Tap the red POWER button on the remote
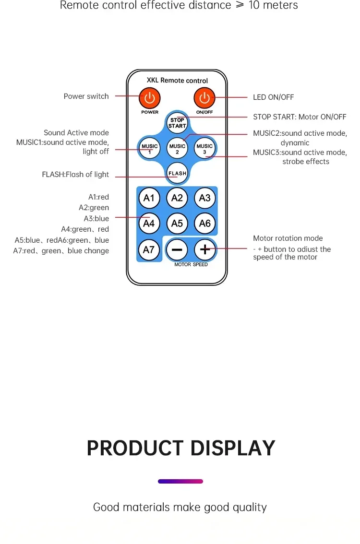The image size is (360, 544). coord(150,98)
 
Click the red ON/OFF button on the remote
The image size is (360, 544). coord(204,98)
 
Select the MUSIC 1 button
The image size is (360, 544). coord(150,148)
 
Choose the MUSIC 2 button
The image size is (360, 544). coord(177,148)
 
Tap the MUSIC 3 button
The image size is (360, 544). coord(204,148)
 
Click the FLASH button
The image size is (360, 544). coord(177,173)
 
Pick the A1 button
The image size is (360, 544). coord(149,198)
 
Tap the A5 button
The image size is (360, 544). coord(177,223)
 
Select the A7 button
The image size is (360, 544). coord(149,249)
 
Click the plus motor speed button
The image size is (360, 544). coord(205,249)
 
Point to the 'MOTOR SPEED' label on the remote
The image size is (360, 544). coord(191,264)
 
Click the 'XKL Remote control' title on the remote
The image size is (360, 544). coord(177,80)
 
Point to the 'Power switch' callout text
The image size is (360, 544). coord(86,96)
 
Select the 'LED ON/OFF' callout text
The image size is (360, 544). coord(273,97)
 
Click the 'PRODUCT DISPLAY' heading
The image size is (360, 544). coord(181,448)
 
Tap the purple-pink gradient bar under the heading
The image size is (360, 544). coord(180,481)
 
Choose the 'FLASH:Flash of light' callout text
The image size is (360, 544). coord(75,174)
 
